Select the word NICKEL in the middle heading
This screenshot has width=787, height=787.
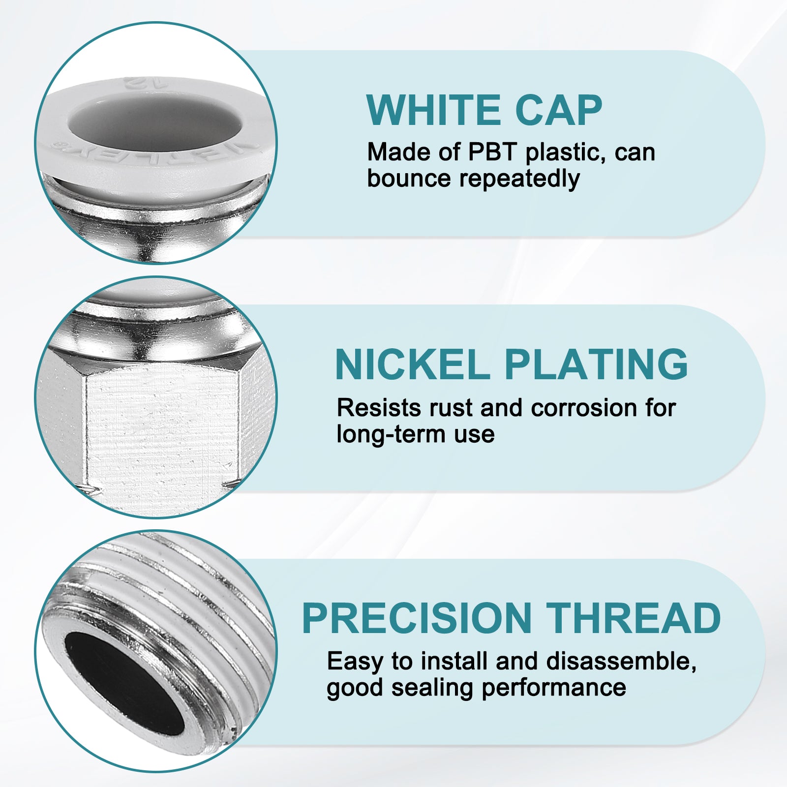coord(412,364)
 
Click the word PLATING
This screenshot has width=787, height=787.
coord(596,364)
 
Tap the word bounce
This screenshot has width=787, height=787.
coord(409,179)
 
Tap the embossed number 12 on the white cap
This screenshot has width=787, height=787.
coord(135,82)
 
